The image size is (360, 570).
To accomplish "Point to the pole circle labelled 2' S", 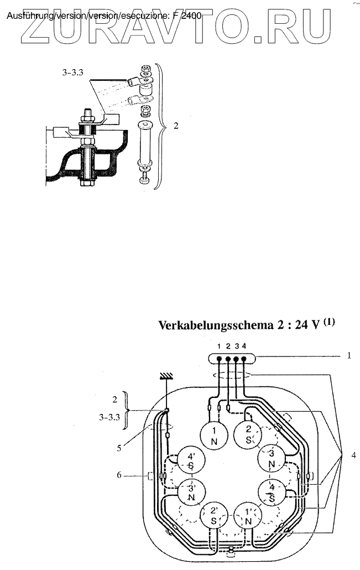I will click(213, 517).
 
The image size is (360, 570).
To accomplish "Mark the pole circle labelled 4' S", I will click(190, 460).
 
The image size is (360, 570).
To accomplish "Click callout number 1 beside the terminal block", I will click(349, 356).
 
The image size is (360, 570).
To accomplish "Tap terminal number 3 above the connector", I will click(236, 346).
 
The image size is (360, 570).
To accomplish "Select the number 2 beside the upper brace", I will click(176, 126).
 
